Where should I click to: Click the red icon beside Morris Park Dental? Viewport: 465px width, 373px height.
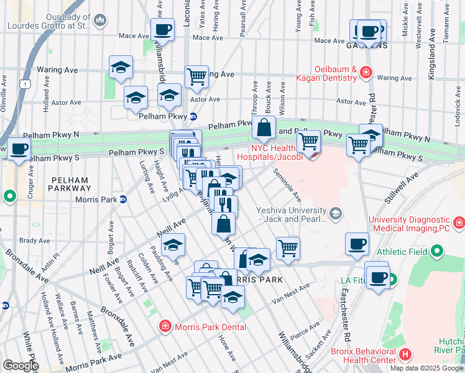point(165,326)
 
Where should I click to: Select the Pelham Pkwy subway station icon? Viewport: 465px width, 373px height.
point(193,116)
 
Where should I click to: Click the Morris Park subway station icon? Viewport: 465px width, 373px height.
point(123,200)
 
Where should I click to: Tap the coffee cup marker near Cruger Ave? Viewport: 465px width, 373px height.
point(19,149)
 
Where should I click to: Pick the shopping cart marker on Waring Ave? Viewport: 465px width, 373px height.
point(196,77)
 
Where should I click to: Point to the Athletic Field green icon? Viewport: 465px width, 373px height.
point(437,252)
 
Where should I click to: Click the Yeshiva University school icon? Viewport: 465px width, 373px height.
point(336,214)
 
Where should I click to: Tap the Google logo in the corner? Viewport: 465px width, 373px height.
point(20,366)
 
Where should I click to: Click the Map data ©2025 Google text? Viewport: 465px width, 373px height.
point(426,368)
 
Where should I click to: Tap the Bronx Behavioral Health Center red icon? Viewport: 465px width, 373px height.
point(405,356)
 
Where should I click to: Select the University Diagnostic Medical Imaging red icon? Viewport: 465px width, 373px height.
point(458,222)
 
